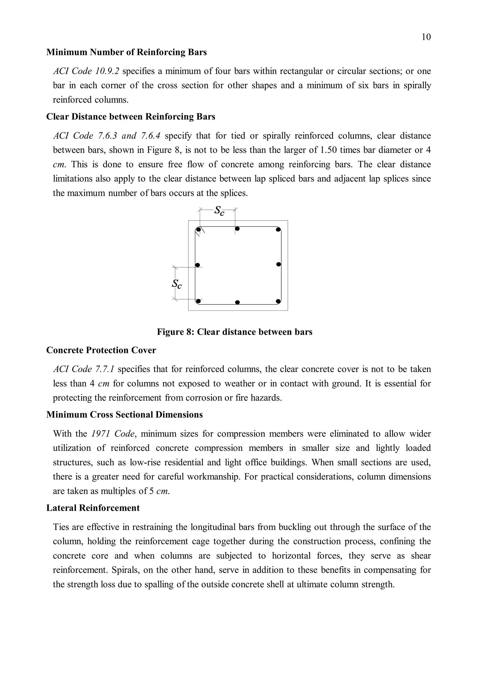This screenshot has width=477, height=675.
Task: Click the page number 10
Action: (x=426, y=37)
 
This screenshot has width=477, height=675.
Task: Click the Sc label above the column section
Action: (x=219, y=211)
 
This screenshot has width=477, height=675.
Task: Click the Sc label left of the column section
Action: (x=177, y=284)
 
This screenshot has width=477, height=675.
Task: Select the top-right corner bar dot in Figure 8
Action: (x=278, y=230)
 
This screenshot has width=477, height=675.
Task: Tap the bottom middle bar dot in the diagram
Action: (x=238, y=302)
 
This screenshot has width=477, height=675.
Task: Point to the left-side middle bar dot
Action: (x=198, y=265)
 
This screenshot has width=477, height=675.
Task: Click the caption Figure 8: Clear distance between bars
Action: (x=234, y=332)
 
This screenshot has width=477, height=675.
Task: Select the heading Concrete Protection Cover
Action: (x=101, y=350)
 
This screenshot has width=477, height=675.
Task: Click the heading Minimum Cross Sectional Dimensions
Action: (x=124, y=415)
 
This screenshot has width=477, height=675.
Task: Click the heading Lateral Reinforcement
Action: (x=93, y=508)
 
